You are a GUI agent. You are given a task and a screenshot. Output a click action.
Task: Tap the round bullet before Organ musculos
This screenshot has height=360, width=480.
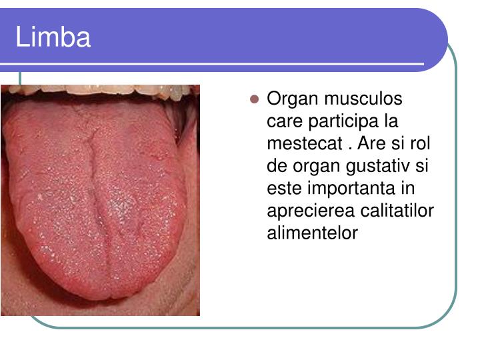254,100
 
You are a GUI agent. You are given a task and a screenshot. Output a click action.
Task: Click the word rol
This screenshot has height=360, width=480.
419,144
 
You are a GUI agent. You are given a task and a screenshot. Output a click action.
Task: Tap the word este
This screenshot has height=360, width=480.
281,189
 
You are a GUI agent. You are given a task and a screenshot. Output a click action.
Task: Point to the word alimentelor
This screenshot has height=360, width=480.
312,233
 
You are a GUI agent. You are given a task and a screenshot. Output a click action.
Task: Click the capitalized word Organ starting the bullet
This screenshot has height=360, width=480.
291,99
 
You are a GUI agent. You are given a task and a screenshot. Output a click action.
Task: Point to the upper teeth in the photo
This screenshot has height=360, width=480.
100,89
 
